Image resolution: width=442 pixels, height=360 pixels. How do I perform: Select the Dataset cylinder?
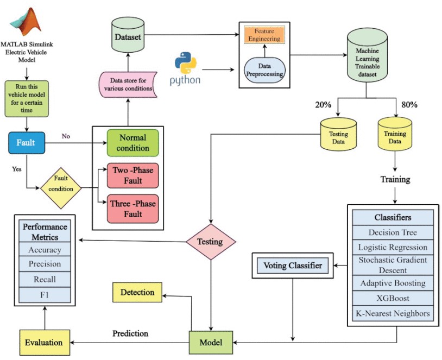click(x=128, y=36)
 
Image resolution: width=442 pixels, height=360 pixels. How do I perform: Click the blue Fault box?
click(x=26, y=143)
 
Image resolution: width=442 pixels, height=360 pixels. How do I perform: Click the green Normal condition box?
click(x=132, y=143)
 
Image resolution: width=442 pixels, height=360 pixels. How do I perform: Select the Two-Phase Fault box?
click(x=132, y=175)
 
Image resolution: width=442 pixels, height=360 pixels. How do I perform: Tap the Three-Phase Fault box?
click(x=132, y=209)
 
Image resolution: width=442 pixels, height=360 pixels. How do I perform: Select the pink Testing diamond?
click(x=211, y=242)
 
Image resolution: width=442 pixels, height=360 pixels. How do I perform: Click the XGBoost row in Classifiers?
click(x=393, y=298)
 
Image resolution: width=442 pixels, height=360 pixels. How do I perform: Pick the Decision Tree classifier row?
click(x=393, y=232)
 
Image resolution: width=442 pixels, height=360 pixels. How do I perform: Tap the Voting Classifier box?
click(x=293, y=266)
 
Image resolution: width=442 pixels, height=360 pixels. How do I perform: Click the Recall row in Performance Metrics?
click(x=45, y=279)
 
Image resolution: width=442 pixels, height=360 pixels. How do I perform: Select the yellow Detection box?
click(x=137, y=292)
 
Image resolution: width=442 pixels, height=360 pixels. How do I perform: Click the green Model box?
click(x=211, y=342)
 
